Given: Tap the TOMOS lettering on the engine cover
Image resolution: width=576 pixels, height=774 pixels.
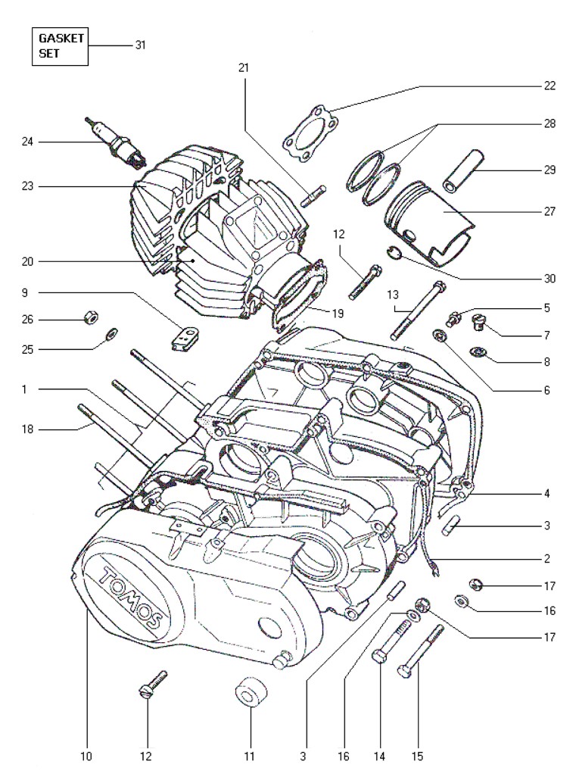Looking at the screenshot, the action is point(131,598).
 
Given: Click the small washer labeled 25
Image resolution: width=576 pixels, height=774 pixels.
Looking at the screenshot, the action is point(112,336).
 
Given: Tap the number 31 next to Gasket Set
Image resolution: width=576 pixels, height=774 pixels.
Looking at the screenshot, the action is point(141,45).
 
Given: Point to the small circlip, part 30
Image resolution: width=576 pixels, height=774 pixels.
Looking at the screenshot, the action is point(394,253).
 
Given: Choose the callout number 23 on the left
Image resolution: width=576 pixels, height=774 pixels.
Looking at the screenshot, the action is point(27,186).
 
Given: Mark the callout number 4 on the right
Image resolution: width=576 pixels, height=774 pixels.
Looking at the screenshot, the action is point(547,493).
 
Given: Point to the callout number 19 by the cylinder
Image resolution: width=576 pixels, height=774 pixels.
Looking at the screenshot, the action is point(338,313).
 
